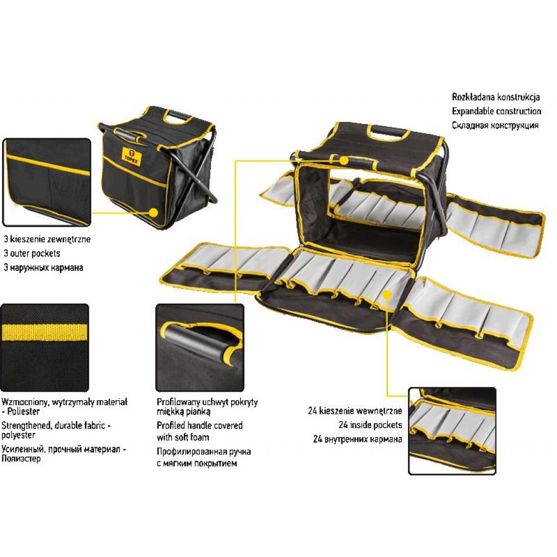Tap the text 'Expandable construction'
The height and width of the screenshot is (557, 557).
tap(496, 111)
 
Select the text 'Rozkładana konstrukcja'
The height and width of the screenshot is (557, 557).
tap(496, 97)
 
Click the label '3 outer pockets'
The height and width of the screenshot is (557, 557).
tap(32, 253)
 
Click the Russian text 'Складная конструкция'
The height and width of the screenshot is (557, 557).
tap(495, 125)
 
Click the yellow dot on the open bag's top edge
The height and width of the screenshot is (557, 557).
tap(344, 159)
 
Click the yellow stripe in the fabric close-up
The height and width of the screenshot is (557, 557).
tap(45, 332)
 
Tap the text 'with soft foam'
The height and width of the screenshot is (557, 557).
tap(183, 437)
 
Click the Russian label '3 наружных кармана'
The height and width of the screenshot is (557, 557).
tap(43, 268)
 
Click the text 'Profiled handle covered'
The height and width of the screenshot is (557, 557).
tap(200, 425)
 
